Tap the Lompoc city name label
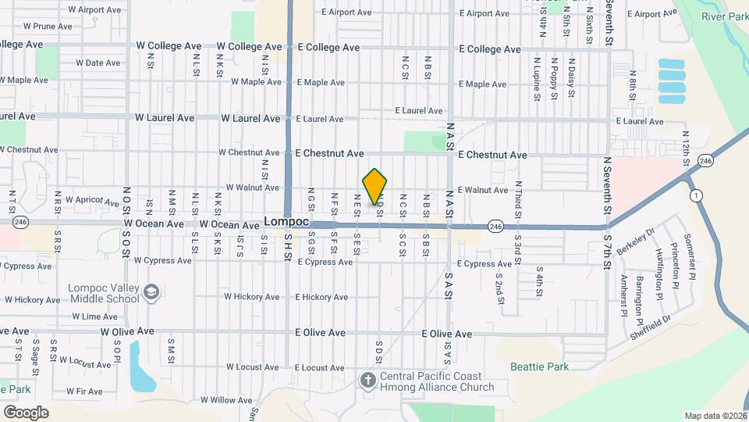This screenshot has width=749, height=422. (286, 222)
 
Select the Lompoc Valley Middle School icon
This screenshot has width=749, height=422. (151, 293)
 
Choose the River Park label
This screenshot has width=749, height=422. (724, 16)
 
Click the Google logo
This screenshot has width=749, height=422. (26, 413)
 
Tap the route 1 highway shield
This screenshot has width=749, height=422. (694, 195)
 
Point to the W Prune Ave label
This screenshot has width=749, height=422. (48, 26)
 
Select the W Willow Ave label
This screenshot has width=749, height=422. (226, 399)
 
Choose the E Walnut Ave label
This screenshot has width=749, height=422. (483, 190)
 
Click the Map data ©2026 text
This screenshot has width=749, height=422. (715, 416)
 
